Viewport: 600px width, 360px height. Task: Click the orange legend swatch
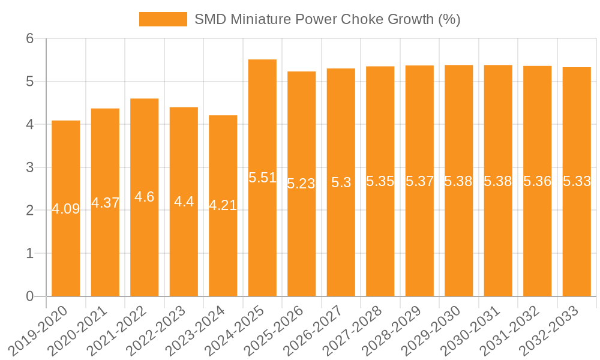163,19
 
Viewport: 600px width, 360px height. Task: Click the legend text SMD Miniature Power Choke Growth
327,19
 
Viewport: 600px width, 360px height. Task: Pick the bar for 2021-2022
145,197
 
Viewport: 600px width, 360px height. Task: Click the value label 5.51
262,178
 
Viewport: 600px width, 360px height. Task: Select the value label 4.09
66,209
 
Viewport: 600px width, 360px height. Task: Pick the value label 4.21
223,205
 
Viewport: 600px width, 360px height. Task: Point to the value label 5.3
341,183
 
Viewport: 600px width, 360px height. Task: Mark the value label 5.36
537,181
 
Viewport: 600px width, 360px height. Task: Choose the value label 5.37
419,181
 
